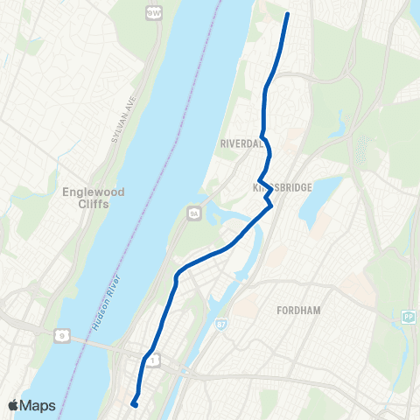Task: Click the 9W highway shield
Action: (154, 12)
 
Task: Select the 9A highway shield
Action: (194, 211)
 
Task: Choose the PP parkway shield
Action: (408, 318)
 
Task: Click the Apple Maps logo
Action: (31, 405)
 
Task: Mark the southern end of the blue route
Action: (133, 403)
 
